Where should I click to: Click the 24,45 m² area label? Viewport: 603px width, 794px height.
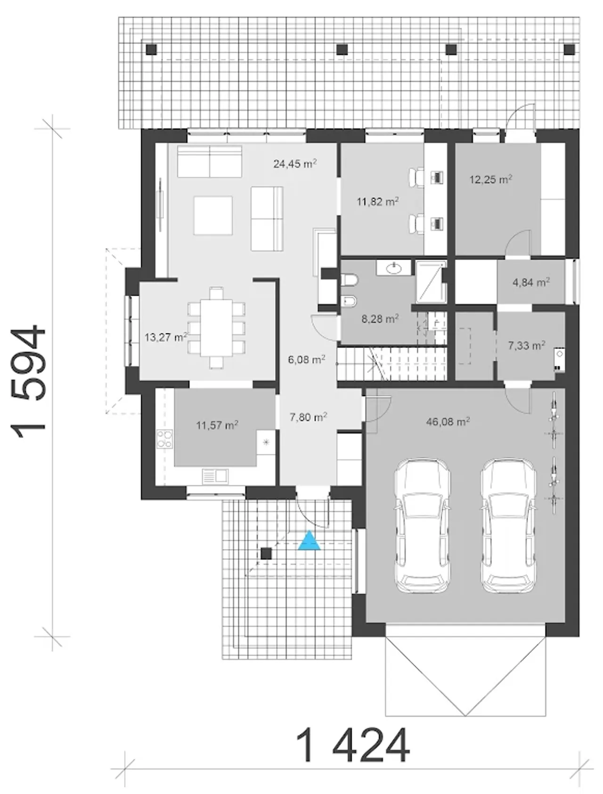[294, 164]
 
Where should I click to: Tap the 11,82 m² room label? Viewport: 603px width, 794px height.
[378, 202]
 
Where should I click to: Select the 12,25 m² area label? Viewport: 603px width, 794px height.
[491, 179]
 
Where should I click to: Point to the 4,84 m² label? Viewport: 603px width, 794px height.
[531, 283]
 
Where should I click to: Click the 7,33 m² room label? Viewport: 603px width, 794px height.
[527, 346]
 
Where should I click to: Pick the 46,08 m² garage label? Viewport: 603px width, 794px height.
[448, 421]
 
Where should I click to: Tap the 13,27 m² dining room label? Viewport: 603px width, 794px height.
[166, 337]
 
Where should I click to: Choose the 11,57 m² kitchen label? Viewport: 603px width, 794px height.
[217, 425]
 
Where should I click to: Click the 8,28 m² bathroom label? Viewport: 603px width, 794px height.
[380, 319]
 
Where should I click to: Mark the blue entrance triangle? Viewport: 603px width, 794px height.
[310, 541]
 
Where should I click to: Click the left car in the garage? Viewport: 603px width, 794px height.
[422, 526]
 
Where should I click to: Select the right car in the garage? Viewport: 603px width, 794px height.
[508, 526]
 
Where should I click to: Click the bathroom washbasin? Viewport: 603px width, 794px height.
[393, 268]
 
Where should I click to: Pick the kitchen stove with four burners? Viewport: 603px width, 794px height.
[164, 439]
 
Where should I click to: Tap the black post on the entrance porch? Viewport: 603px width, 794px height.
[267, 554]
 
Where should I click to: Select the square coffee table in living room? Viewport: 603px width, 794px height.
[213, 216]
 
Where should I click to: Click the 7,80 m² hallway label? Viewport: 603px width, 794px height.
[309, 417]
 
